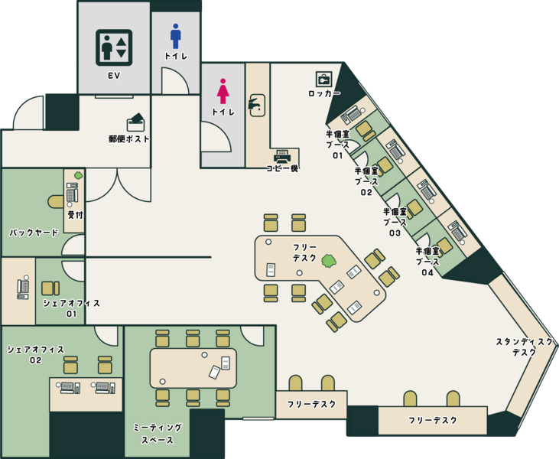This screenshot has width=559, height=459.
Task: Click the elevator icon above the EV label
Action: (x=114, y=47)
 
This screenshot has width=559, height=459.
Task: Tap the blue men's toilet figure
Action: (x=175, y=36)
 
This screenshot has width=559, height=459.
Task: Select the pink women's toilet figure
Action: (x=223, y=91)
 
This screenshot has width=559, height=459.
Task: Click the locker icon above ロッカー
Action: (x=323, y=80)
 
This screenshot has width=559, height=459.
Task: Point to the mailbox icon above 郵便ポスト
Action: (x=136, y=122)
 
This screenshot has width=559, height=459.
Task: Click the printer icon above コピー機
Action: (x=282, y=157)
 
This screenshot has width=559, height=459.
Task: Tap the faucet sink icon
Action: (x=256, y=105)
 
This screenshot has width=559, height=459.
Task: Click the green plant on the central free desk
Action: (x=329, y=261)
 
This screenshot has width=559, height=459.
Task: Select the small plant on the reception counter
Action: (x=78, y=175)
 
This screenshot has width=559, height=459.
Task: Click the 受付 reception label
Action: (x=75, y=215)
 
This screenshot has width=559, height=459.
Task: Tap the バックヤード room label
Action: (x=34, y=233)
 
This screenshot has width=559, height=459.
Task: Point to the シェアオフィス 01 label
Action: (x=71, y=308)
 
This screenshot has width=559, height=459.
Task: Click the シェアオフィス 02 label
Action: (x=36, y=354)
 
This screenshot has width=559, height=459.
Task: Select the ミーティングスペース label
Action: (x=158, y=434)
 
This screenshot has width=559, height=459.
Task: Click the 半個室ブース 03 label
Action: (x=395, y=222)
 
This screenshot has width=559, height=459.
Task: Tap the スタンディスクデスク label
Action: (x=524, y=347)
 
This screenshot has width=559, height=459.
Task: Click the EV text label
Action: (x=114, y=76)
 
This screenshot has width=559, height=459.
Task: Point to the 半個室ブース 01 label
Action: (x=337, y=145)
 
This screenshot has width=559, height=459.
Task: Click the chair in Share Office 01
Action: (x=50, y=288)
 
